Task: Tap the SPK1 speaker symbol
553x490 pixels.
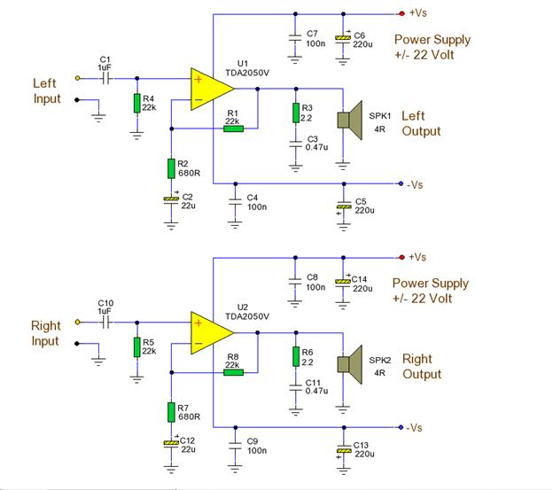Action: point(349,121)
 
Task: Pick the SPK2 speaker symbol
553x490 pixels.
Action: point(349,364)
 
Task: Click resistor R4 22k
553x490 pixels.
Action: point(137,103)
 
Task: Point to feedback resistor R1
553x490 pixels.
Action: point(233,128)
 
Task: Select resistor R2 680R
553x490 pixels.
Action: point(171,168)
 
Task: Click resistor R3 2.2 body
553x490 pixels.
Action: point(296,113)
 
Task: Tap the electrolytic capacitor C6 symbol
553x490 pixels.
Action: point(343,38)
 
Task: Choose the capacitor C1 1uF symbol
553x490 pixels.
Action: point(105,78)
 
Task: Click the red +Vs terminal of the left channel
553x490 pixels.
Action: point(401,13)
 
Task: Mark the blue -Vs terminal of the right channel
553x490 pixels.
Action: point(401,427)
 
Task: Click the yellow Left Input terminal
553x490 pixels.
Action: point(78,78)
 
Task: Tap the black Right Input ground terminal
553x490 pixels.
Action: point(77,343)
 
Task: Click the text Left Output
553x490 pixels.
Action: point(421,123)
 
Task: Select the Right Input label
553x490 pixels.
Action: point(46,333)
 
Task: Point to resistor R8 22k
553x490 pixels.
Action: point(233,372)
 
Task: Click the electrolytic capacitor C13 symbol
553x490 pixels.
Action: point(344,450)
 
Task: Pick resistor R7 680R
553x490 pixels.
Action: point(171,412)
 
